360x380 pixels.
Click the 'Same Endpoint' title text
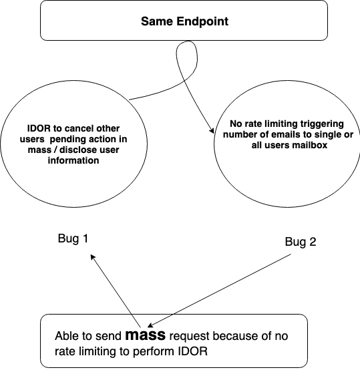[x=184, y=21]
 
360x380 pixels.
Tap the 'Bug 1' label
[x=73, y=238]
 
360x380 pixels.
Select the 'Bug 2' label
[x=301, y=242]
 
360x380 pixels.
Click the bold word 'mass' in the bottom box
[x=146, y=335]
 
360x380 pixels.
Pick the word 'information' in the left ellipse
[x=73, y=160]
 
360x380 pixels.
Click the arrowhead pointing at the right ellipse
[x=212, y=131]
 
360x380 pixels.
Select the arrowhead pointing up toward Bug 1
[x=92, y=256]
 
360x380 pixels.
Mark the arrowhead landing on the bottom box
[x=150, y=325]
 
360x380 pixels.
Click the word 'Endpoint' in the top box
[x=202, y=21]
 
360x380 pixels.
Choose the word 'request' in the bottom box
[x=189, y=337]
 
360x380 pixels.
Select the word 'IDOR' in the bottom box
[x=193, y=351]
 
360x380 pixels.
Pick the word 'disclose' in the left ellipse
[x=77, y=150]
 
